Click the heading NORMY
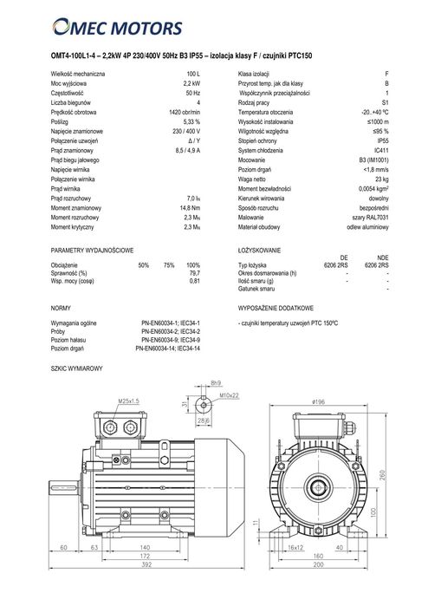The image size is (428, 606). click(62, 308)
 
